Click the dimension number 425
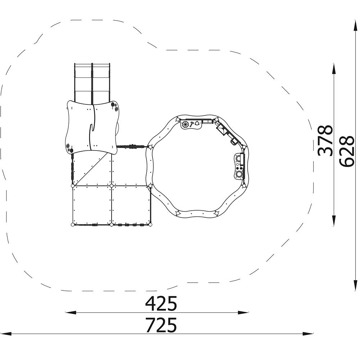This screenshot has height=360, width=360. point(161,303)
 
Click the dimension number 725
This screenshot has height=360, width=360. point(161,325)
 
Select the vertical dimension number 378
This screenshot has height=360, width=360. point(325,140)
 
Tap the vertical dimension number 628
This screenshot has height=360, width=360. point(347,151)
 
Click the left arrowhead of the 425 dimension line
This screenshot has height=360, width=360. point(71,312)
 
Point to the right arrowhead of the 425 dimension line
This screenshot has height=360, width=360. point(243,312)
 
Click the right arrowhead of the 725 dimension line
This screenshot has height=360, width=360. point(308,334)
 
